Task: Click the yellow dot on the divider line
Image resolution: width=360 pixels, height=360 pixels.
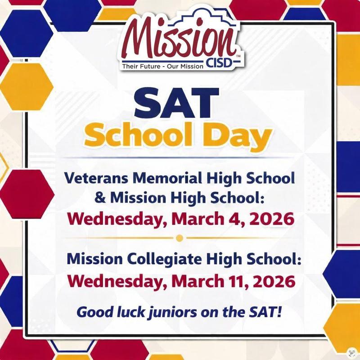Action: [180, 238]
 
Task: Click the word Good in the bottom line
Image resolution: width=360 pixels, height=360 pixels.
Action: [92, 311]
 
